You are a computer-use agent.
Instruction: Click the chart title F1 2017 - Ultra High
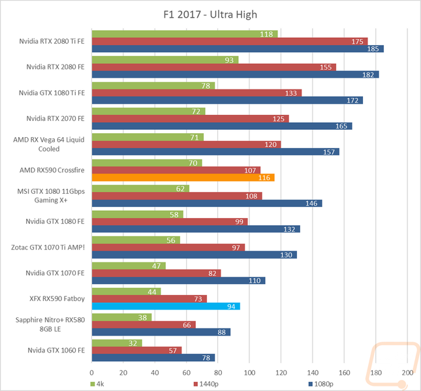pos(210,14)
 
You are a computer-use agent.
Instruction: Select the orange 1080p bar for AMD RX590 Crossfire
pos(183,177)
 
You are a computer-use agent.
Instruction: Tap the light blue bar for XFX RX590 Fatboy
pos(166,306)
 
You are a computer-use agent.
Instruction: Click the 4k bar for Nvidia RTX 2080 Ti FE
pos(185,34)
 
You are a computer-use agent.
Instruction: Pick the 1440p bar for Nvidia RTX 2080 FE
pos(214,67)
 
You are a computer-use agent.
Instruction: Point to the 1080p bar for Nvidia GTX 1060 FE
pos(153,358)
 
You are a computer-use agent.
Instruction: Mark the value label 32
pos(133,342)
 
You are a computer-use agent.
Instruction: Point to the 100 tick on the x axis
pos(250,373)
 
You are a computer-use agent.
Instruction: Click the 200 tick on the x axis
pos(407,373)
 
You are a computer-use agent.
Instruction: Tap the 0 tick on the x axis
pos(92,373)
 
